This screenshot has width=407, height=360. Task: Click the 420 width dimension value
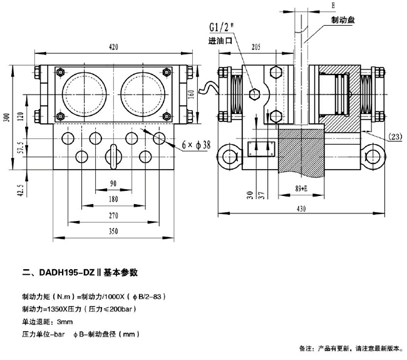(113, 47)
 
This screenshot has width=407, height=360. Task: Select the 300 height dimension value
(6, 119)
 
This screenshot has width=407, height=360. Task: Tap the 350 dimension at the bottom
(113, 232)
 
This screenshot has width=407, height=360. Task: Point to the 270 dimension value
(113, 216)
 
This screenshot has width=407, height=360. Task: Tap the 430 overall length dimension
(301, 211)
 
